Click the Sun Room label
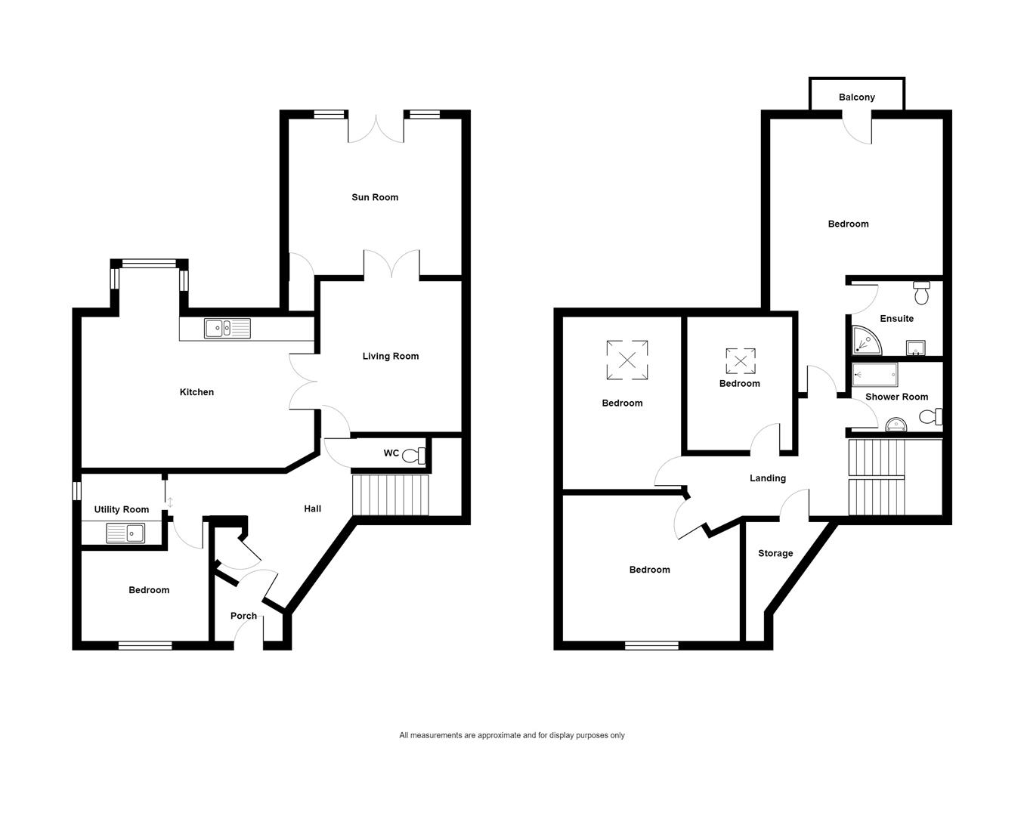(375, 197)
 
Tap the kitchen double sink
(227, 329)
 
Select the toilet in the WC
(413, 456)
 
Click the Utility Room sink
(125, 533)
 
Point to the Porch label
(243, 616)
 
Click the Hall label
(313, 508)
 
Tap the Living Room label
(391, 356)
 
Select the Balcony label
(856, 97)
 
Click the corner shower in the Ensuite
(865, 341)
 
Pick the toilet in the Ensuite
(922, 292)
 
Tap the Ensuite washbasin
(915, 348)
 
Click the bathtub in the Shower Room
(874, 375)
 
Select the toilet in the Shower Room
(931, 416)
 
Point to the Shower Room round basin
(896, 425)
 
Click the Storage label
(775, 553)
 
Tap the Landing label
(768, 478)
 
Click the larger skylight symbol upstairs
(627, 360)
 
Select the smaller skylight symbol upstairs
(741, 361)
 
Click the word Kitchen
(196, 392)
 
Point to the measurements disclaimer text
(512, 735)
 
